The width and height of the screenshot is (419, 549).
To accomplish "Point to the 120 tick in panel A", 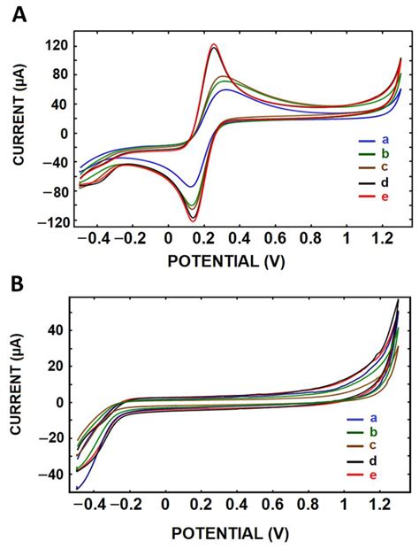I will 56,44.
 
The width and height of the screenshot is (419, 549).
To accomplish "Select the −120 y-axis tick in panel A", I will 54,223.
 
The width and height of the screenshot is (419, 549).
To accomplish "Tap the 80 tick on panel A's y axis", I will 59,74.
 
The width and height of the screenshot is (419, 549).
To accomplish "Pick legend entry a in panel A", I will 385,141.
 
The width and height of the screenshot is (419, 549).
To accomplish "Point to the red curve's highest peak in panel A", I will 214,44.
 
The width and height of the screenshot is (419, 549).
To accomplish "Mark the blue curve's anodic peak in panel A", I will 228,89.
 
